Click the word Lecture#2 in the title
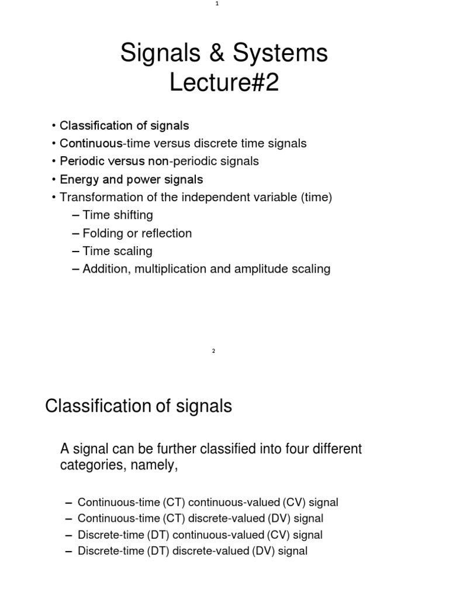[x=224, y=84]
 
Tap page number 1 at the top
[x=216, y=4]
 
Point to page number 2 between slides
[x=213, y=351]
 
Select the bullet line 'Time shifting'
[x=118, y=215]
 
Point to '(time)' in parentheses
[x=316, y=198]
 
